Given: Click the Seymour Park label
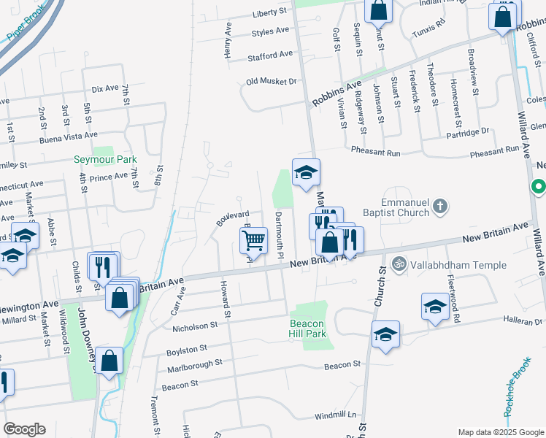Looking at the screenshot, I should coord(105,159).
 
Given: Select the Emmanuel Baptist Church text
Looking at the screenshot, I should coord(404,207).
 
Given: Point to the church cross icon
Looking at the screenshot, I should coord(440,207).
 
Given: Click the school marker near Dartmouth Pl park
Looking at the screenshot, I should coord(307,172).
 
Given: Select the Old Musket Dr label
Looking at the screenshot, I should coord(272,82).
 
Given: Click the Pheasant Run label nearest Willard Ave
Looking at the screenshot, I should coord(494,150).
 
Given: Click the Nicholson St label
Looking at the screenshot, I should coord(195,326).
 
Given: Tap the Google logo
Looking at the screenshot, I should coord(24,429).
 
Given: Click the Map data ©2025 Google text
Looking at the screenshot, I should coord(500,432).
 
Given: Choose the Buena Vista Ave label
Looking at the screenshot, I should coord(69,136).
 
